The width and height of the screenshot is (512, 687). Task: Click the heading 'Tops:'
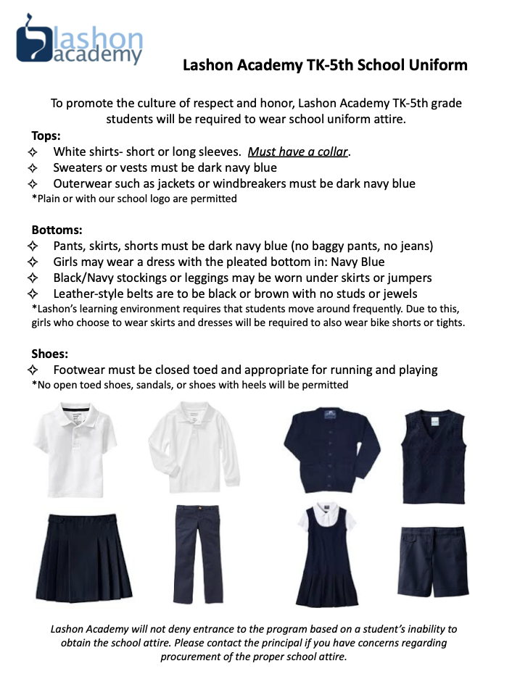point(46,136)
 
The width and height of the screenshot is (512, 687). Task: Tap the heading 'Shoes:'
point(49,354)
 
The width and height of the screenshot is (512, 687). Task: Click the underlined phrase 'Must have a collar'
point(298,152)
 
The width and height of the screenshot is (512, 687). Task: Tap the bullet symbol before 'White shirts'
point(32,152)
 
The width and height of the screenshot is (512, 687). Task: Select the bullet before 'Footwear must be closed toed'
point(32,370)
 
